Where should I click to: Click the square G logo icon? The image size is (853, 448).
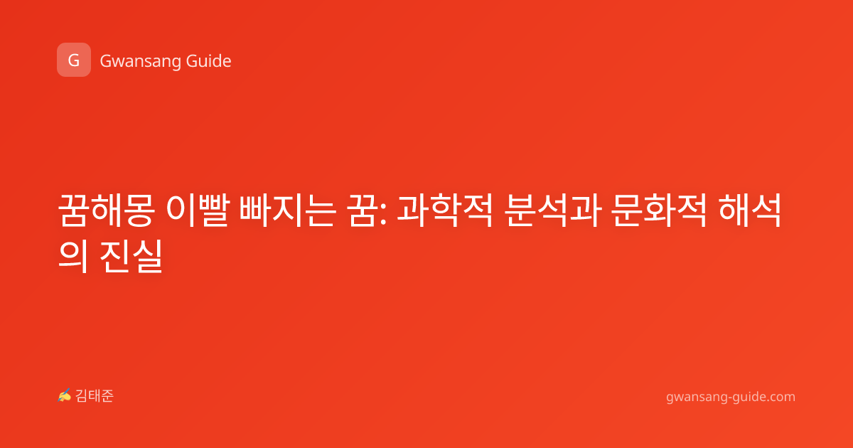coord(74,60)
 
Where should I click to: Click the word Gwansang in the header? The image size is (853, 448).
coord(140,62)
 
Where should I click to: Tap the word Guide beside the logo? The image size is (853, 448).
coord(209,60)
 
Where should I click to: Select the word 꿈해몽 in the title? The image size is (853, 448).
coord(106,210)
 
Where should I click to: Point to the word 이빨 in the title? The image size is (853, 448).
coord(198,210)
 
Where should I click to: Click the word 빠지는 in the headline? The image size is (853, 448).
coord(288,210)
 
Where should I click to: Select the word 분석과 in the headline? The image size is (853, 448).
coord(553,210)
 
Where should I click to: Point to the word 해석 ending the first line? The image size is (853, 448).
coord(750,210)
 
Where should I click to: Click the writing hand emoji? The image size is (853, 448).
coord(65,395)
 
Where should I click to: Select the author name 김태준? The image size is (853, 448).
coord(95,396)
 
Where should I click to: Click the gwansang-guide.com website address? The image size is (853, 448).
coord(731,397)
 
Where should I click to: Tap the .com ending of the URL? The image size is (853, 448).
coord(780,397)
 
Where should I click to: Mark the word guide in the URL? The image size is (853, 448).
coord(747,397)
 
